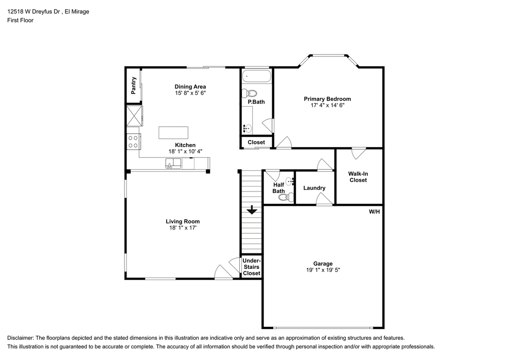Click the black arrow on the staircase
(x=252, y=210)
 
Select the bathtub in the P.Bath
(x=256, y=76)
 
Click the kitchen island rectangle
(x=173, y=132)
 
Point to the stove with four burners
(x=133, y=142)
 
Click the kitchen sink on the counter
(x=173, y=163)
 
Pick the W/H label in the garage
(x=374, y=212)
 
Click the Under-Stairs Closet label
(x=251, y=267)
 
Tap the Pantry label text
(x=134, y=85)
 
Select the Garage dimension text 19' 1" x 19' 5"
(x=323, y=270)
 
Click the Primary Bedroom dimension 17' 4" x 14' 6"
(x=327, y=105)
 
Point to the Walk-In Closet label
(x=358, y=177)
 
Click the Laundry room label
(x=314, y=188)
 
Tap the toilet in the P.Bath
(x=250, y=93)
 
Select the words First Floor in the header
(x=20, y=20)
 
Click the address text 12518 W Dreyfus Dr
(x=33, y=12)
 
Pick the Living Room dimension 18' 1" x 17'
(x=183, y=228)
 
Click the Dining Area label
(x=190, y=87)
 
